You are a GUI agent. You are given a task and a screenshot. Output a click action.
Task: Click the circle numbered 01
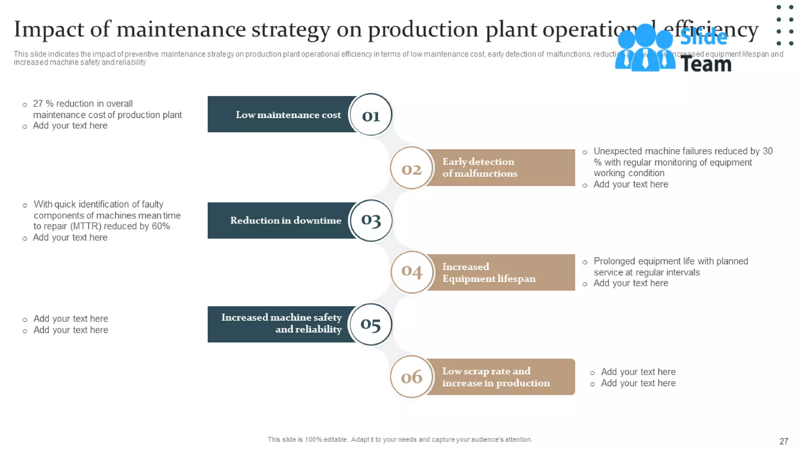(371, 115)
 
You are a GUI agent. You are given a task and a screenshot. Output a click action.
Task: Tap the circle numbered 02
(411, 168)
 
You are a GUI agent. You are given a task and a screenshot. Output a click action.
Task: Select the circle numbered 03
(371, 220)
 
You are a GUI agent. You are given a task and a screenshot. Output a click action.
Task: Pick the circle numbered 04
(412, 272)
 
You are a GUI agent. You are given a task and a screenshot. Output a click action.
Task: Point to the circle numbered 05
(371, 324)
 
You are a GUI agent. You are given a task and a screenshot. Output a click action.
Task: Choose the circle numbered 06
(411, 377)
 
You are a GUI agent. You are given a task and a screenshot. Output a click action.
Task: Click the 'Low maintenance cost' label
(288, 115)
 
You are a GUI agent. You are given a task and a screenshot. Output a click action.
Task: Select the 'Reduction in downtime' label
(286, 220)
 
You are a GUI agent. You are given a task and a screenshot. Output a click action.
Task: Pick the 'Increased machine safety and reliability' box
(282, 323)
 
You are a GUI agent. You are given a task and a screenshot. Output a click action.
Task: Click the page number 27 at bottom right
(783, 441)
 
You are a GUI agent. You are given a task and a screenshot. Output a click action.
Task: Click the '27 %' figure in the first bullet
(43, 104)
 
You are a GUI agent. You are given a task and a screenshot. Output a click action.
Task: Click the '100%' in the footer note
(313, 439)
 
